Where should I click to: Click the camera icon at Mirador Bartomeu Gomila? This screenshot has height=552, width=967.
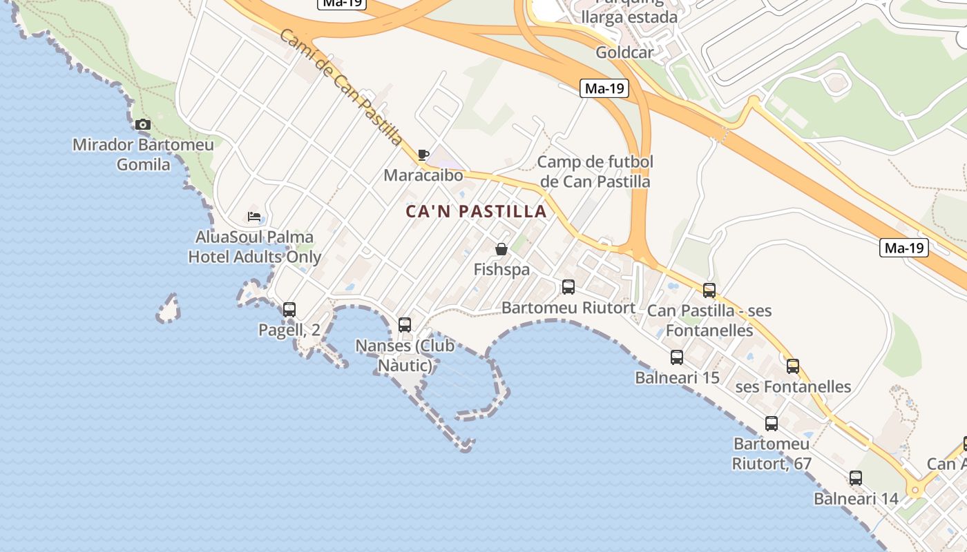[x=143, y=125]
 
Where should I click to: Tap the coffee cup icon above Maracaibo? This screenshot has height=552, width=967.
[x=423, y=155]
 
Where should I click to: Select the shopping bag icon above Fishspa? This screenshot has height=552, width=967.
[x=501, y=249]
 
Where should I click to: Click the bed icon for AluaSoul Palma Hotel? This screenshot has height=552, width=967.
[x=254, y=217]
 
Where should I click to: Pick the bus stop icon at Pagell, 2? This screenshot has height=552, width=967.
[x=289, y=310]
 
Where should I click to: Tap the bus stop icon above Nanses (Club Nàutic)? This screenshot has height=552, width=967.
[x=405, y=324]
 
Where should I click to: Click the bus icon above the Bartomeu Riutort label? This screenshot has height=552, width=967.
[x=568, y=286]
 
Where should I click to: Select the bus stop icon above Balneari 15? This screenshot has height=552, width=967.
[x=677, y=357]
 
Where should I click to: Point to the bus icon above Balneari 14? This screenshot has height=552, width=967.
[x=856, y=477]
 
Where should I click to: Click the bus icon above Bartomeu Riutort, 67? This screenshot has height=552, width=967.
[x=772, y=424]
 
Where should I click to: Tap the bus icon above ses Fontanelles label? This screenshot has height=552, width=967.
[x=793, y=366]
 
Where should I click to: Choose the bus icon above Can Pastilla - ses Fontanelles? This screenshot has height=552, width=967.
[x=709, y=290]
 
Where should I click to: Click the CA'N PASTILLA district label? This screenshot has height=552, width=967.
[x=477, y=212]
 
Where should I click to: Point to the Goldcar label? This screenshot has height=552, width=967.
[x=624, y=52]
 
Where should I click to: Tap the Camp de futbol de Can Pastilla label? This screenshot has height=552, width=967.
[x=595, y=172]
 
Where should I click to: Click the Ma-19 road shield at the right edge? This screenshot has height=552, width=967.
[x=903, y=248]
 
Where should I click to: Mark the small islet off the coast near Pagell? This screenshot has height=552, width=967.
[x=169, y=309]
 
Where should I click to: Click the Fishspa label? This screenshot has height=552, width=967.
[x=501, y=270]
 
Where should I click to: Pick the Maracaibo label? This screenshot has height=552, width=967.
[x=423, y=175]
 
